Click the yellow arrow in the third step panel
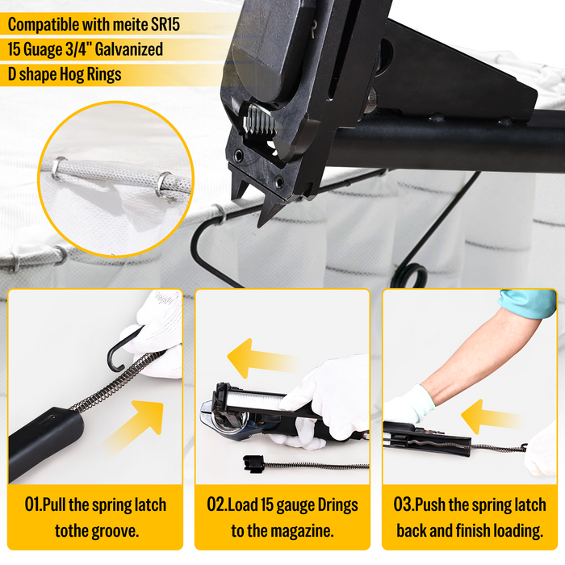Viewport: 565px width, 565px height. (x=492, y=416)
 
